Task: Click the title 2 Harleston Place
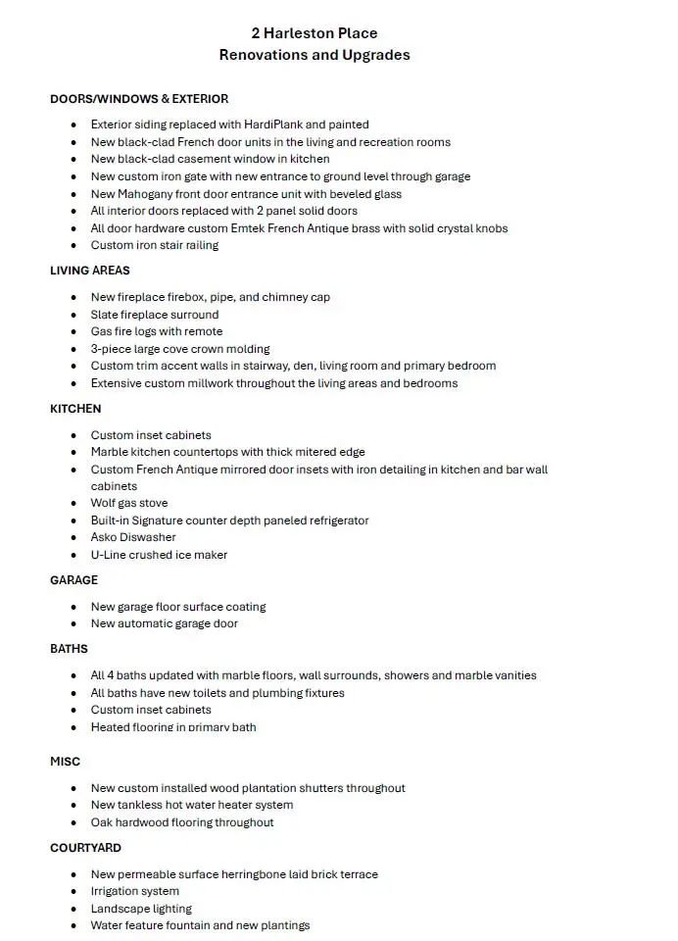[x=314, y=33]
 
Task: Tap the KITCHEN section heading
[x=75, y=409]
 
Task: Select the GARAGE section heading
[x=73, y=580]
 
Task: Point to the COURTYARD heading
[x=85, y=848]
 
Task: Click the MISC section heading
[x=65, y=762]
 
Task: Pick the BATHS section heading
[x=69, y=649]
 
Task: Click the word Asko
[x=104, y=537]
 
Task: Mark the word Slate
[x=105, y=315]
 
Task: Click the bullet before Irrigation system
[x=74, y=892]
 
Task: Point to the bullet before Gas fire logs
[x=74, y=332]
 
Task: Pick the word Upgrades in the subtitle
[x=372, y=55]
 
